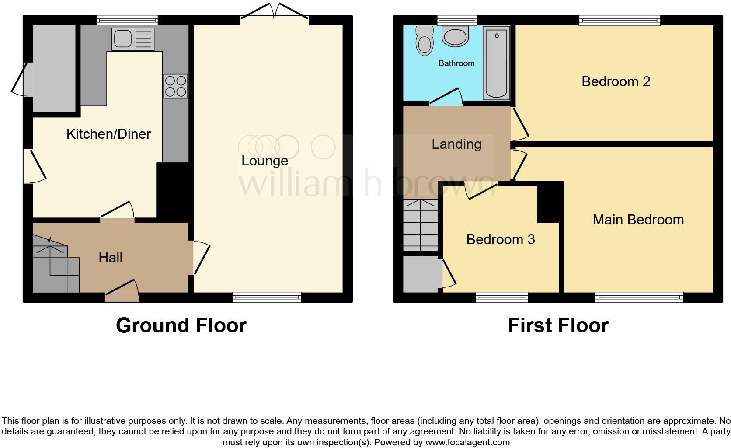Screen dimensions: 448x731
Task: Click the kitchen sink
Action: [x=133, y=39]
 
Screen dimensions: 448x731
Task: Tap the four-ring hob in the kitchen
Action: [x=175, y=86]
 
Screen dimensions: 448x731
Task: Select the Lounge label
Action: [x=265, y=161]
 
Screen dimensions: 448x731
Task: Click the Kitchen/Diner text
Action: [x=108, y=134]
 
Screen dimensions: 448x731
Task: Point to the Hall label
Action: [x=110, y=258]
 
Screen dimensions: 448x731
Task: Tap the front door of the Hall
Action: [x=122, y=292]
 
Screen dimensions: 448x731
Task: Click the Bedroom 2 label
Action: [x=616, y=81]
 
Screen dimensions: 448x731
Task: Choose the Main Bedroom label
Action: [x=638, y=220]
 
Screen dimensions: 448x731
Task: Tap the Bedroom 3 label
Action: [x=500, y=239]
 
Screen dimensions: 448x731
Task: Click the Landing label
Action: [x=456, y=144]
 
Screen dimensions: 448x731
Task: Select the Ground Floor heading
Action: [x=181, y=325]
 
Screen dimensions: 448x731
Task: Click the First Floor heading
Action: [x=558, y=325]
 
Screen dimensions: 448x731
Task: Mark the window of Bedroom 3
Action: [x=502, y=297]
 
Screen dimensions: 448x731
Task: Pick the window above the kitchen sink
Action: [x=127, y=20]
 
